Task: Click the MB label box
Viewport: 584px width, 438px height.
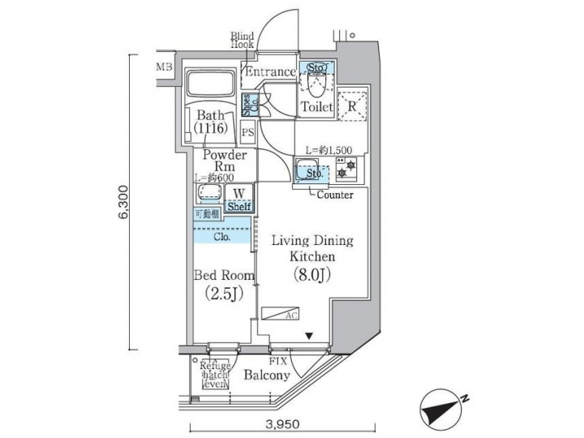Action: pyautogui.click(x=164, y=67)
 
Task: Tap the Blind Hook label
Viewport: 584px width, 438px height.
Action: pyautogui.click(x=242, y=41)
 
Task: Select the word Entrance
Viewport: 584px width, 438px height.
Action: pyautogui.click(x=270, y=72)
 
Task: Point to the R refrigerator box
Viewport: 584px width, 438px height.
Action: pyautogui.click(x=353, y=105)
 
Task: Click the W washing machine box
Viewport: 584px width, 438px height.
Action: pyautogui.click(x=238, y=194)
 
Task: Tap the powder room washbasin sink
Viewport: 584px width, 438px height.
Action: pyautogui.click(x=209, y=193)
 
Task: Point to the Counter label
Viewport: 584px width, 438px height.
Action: pyautogui.click(x=334, y=195)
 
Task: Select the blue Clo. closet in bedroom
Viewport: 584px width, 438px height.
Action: pyautogui.click(x=221, y=237)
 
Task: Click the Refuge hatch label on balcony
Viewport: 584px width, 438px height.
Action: pyautogui.click(x=216, y=374)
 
